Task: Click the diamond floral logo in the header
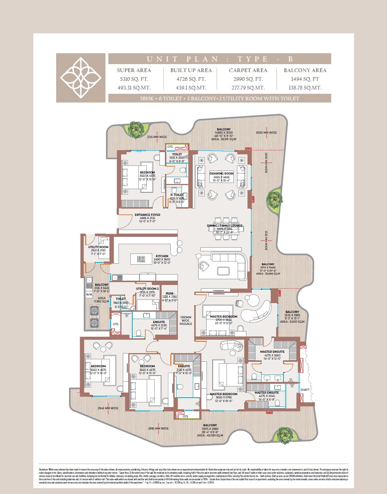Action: pos(80,78)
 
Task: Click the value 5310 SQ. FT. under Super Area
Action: pos(134,79)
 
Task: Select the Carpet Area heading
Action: pos(248,70)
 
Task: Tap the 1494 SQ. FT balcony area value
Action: pos(305,79)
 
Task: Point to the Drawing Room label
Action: pos(221,173)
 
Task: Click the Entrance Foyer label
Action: pos(147,215)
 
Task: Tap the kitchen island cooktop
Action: pos(141,259)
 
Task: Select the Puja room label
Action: pos(170,293)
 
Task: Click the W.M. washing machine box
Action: pos(89,294)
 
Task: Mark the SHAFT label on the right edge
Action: pos(305,390)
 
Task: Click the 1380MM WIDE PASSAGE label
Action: pos(186,320)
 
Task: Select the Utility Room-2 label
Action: pos(147,289)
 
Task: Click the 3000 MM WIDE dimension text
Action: pos(266,133)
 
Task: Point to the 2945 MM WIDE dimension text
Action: pos(108,408)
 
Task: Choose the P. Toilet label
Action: pos(177,195)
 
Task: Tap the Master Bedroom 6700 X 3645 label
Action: pos(224,317)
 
